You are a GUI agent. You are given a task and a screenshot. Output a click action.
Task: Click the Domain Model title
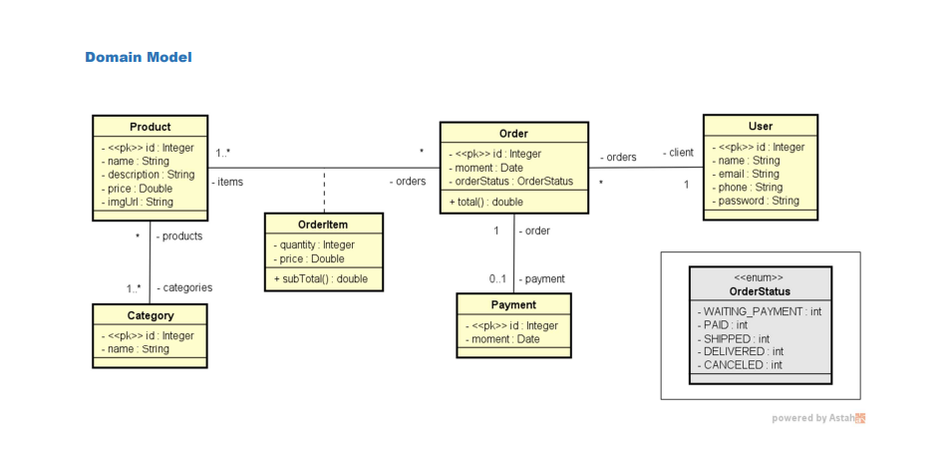click(138, 57)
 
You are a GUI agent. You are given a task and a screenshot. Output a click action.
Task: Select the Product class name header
click(150, 127)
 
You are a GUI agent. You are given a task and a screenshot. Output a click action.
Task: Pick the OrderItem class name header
click(323, 225)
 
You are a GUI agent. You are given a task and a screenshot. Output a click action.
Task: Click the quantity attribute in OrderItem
click(316, 244)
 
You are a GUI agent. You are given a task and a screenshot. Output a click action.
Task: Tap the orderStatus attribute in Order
click(512, 181)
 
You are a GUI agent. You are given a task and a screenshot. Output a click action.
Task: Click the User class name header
click(760, 126)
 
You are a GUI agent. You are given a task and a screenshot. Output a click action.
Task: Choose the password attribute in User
click(759, 201)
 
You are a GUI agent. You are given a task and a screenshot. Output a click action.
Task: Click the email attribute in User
click(749, 174)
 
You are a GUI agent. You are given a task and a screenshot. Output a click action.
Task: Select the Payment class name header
click(513, 304)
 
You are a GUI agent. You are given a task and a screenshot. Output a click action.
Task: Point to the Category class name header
click(150, 315)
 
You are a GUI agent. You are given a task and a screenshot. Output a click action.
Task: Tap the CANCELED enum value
click(742, 365)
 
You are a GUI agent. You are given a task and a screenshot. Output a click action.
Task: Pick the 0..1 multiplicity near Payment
click(498, 279)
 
